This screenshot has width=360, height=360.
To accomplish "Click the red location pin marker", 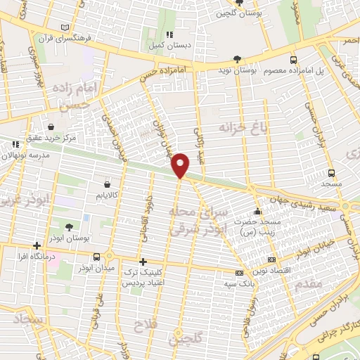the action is coord(181,165).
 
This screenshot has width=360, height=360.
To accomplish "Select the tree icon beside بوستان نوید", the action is coord(238,60).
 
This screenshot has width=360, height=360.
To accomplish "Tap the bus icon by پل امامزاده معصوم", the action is coord(293,60).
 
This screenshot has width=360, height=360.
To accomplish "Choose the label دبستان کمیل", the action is coord(168,46).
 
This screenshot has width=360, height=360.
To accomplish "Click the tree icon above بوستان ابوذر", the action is coord(69,227).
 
